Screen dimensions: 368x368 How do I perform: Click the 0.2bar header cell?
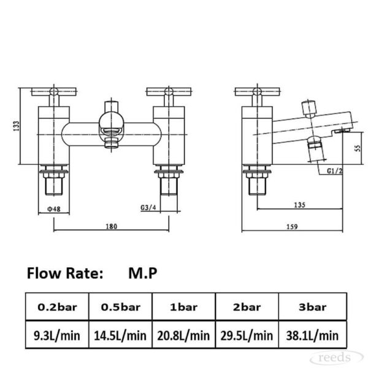[x=57, y=307]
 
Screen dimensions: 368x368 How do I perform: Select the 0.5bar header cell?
[x=120, y=307]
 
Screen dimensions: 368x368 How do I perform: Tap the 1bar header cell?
[x=183, y=307]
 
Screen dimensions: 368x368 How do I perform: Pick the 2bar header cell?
[x=247, y=307]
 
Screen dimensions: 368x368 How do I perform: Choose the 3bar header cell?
[x=313, y=307]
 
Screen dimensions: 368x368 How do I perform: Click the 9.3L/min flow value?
[x=57, y=335]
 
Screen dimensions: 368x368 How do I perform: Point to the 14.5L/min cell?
[x=120, y=335]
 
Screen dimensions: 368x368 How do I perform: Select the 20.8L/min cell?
[x=183, y=335]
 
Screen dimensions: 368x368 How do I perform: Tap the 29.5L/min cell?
[x=247, y=335]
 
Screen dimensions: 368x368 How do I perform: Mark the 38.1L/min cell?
[x=313, y=335]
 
